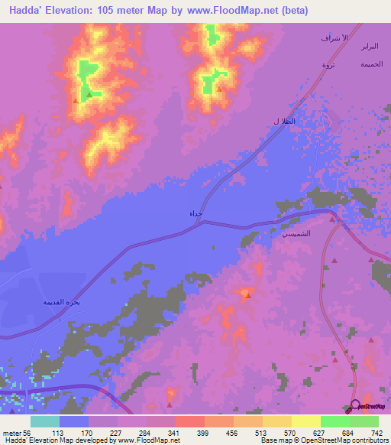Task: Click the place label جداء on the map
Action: click(195, 215)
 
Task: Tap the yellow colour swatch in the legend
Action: click(305, 421)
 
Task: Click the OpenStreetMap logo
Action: click(368, 408)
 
